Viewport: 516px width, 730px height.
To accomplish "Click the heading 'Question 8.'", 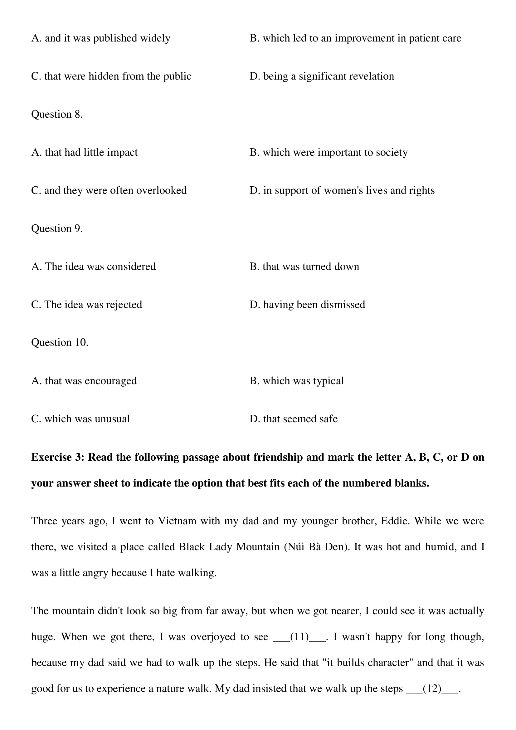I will pos(57,114).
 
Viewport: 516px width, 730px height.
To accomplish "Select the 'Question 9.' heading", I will pos(57,228).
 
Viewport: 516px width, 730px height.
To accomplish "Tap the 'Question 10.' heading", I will pos(60,342).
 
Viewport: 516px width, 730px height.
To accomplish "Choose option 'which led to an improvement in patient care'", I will pos(355,38).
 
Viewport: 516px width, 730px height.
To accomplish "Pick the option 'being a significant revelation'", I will pos(322,76).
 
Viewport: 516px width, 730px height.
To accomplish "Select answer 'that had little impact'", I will pos(85,152).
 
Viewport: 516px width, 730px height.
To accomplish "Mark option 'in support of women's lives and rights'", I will pos(342,190).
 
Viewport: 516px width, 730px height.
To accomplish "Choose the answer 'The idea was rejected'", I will pos(86,305).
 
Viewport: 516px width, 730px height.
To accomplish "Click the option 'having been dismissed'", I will pos(307,305).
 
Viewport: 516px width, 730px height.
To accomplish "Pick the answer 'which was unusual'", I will pos(80,419).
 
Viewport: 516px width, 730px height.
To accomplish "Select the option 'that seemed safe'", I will pos(293,419).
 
